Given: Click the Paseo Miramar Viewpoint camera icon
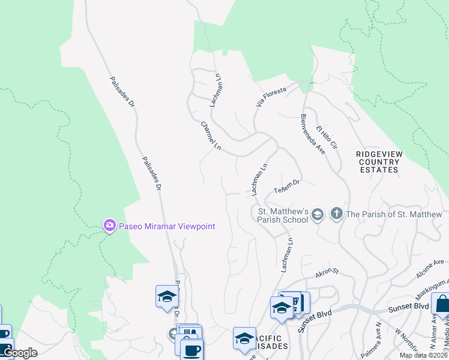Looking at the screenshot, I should (x=109, y=226).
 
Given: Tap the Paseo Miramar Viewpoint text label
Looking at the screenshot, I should (x=166, y=226).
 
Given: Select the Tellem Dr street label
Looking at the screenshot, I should (x=287, y=187).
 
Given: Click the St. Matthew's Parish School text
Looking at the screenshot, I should (x=283, y=215).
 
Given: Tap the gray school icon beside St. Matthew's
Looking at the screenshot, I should (x=318, y=214).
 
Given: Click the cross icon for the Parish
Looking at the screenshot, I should (x=337, y=214).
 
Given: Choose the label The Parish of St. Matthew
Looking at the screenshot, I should (x=394, y=214).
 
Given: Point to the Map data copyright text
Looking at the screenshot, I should (x=424, y=355).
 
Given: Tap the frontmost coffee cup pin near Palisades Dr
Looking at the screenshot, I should (x=192, y=350).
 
